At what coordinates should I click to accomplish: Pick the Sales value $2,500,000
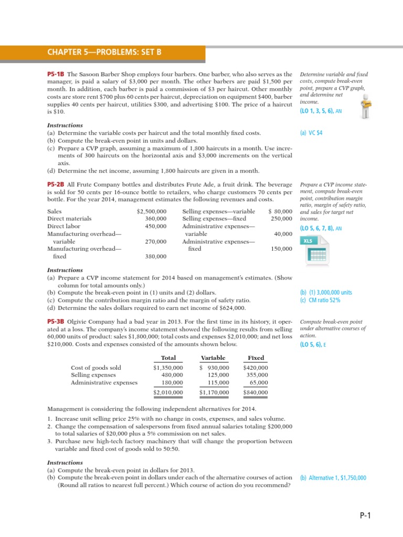click(x=152, y=211)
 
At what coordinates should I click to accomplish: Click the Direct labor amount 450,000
click(x=156, y=226)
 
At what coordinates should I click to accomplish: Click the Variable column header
click(x=213, y=358)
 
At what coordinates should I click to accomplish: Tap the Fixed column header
click(x=256, y=358)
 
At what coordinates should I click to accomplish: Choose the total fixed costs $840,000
click(x=256, y=392)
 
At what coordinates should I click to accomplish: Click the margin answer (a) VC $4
click(x=311, y=133)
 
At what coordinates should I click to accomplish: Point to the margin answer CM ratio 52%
click(x=321, y=300)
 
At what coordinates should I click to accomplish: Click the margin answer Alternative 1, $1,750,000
click(x=333, y=478)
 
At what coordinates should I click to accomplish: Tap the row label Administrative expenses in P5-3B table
click(x=104, y=382)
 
